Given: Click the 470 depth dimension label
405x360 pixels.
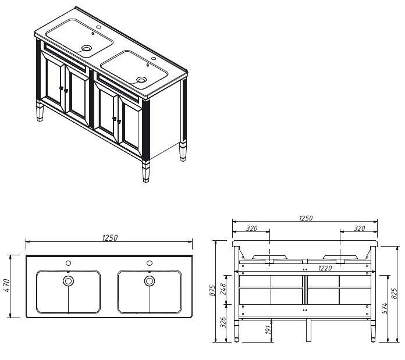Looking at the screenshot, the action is point(8,286).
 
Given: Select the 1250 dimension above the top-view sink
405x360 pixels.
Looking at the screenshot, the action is point(110,238).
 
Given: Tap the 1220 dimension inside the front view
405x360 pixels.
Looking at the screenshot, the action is point(325,268).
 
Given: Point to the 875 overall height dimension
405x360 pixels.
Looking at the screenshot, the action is point(212,291).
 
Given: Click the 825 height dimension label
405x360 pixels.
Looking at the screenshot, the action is point(394,293).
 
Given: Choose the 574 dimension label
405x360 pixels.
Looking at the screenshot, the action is point(384,308).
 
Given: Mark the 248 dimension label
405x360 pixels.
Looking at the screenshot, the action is point(223,289).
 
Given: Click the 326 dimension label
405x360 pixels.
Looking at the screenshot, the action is point(223,322).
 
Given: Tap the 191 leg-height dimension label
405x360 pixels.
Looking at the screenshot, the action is point(268,329).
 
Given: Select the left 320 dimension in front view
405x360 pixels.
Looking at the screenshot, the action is point(251,229).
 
